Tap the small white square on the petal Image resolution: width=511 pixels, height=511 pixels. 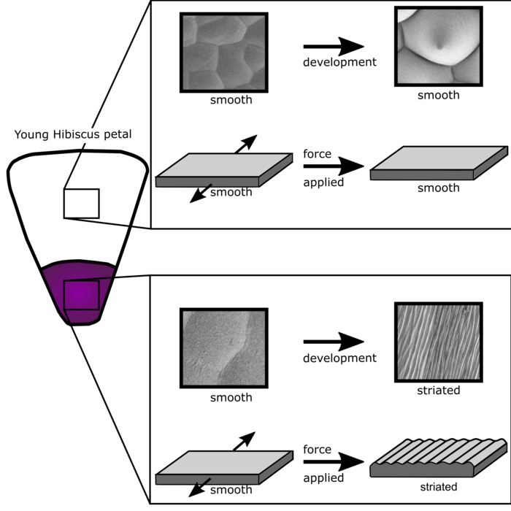[81, 203]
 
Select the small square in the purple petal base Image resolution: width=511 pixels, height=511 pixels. [81, 295]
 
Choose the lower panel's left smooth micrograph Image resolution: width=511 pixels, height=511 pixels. [223, 347]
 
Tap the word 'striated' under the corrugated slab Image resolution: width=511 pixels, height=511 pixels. [438, 486]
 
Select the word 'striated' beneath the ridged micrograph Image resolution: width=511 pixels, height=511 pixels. [438, 391]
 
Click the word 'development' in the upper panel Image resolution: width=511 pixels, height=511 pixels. [339, 62]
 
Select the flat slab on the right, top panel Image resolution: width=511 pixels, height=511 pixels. [438, 164]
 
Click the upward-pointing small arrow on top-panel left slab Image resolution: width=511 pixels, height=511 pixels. [246, 144]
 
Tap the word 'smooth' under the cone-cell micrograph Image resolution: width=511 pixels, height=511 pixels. [438, 95]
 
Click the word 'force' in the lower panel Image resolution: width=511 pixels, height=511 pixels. [317, 450]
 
